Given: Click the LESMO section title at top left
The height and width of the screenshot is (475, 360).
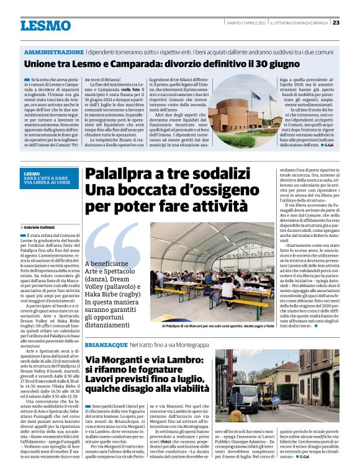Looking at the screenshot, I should tap(45, 25).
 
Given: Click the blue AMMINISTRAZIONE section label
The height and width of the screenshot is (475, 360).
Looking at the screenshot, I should tap(53, 52).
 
